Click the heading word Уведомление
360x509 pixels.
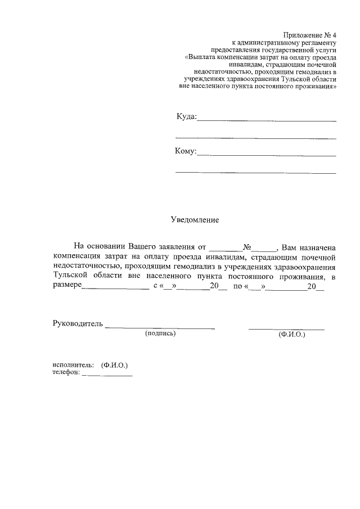click(x=195, y=220)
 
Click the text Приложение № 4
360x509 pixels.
click(x=309, y=35)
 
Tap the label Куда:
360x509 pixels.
click(x=186, y=116)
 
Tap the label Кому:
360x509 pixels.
click(x=186, y=151)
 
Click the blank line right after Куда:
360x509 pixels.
click(x=267, y=120)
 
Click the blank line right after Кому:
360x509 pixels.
click(x=267, y=154)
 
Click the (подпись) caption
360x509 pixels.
click(x=160, y=334)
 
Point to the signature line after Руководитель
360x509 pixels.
click(x=160, y=327)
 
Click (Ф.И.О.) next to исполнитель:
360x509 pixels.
click(x=115, y=364)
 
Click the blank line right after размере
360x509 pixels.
click(x=115, y=289)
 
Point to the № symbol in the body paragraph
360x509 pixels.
click(x=246, y=247)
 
